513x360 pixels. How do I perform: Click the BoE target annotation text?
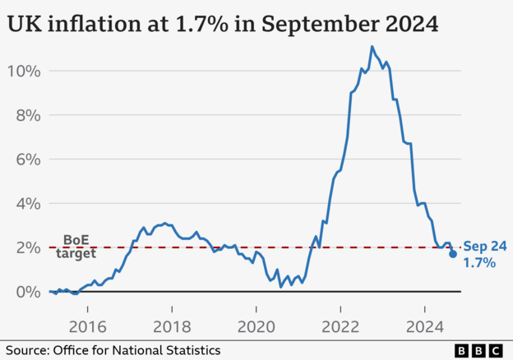76,247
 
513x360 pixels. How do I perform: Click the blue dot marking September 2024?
453,254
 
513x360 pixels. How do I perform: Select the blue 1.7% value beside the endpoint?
479,263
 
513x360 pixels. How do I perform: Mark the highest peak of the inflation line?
372,47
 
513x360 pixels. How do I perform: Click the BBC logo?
478,350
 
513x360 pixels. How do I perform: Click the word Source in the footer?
28,350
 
